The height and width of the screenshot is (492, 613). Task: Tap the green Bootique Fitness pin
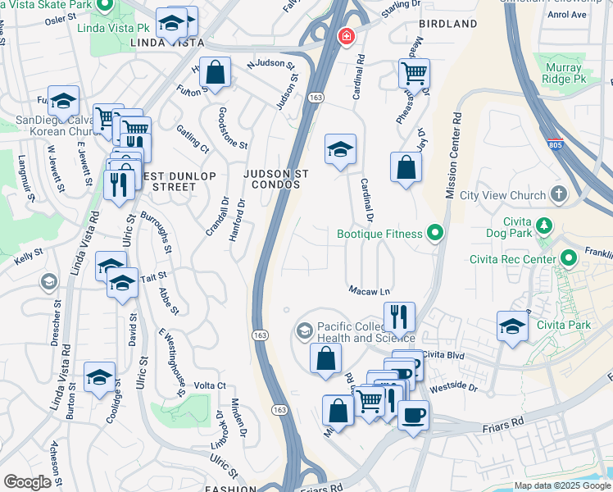[x=435, y=234]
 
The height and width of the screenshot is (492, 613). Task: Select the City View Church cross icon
[x=559, y=195]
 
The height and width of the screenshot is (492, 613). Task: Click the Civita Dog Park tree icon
[x=543, y=225]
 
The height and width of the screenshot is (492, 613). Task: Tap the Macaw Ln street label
[x=368, y=291]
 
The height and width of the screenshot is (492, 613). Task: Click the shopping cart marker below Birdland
[x=414, y=73]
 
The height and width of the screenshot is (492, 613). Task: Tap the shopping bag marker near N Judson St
[x=215, y=71]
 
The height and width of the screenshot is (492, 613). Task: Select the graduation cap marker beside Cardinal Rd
[x=340, y=149]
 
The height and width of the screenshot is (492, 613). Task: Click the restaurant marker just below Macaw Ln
[x=399, y=316]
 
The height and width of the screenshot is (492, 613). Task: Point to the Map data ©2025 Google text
[x=562, y=485]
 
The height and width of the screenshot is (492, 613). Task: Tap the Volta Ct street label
[x=211, y=385]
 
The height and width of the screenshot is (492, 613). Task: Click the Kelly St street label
[x=28, y=258]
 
